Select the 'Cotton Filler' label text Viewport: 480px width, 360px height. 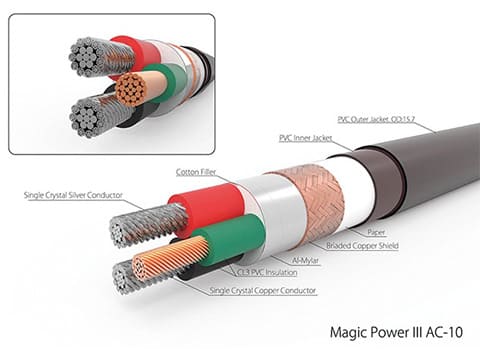[196, 173]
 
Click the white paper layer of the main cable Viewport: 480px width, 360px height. [350, 190]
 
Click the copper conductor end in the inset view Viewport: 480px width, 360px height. [130, 89]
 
